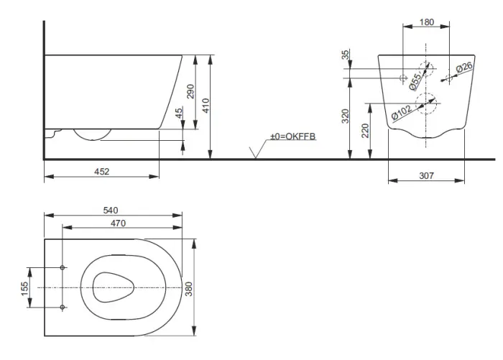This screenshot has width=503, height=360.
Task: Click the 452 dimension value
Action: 102,172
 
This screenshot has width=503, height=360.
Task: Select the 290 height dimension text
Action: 190,91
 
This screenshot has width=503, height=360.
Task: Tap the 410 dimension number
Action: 206,105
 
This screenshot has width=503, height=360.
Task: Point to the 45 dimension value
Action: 179,113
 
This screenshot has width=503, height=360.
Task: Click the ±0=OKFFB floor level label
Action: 293,137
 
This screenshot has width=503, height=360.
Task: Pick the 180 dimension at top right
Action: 427,22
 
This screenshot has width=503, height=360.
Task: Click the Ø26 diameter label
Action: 464,68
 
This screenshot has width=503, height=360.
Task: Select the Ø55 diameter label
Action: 415,81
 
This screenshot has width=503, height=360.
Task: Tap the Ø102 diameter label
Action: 402,112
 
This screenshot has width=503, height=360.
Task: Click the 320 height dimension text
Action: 345,116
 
